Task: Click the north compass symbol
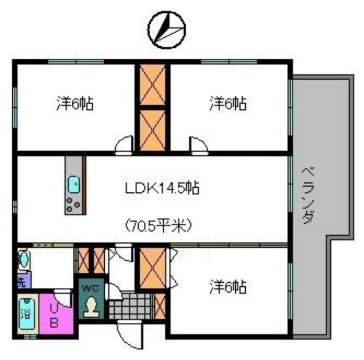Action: (167, 30)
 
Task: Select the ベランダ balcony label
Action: (309, 195)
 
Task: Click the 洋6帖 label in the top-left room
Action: (76, 104)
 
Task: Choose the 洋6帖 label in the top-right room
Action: (228, 104)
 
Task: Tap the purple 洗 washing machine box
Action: (23, 280)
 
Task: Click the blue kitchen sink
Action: (74, 185)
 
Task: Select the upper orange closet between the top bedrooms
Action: (152, 85)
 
